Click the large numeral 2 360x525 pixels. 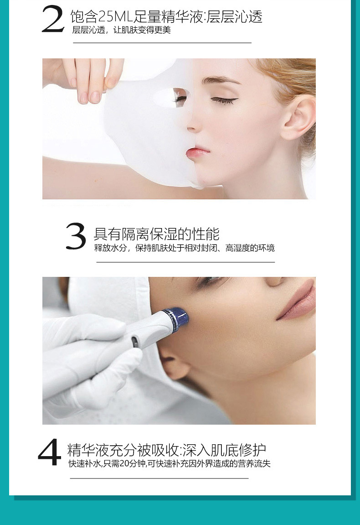coord(53,20)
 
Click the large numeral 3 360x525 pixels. coord(76,236)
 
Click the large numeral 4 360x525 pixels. coord(50,452)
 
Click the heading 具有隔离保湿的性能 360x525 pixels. coord(157,234)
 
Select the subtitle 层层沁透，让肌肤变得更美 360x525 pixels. coord(122,30)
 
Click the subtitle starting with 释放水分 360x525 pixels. coord(185,248)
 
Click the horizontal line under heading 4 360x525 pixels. coord(159,478)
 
